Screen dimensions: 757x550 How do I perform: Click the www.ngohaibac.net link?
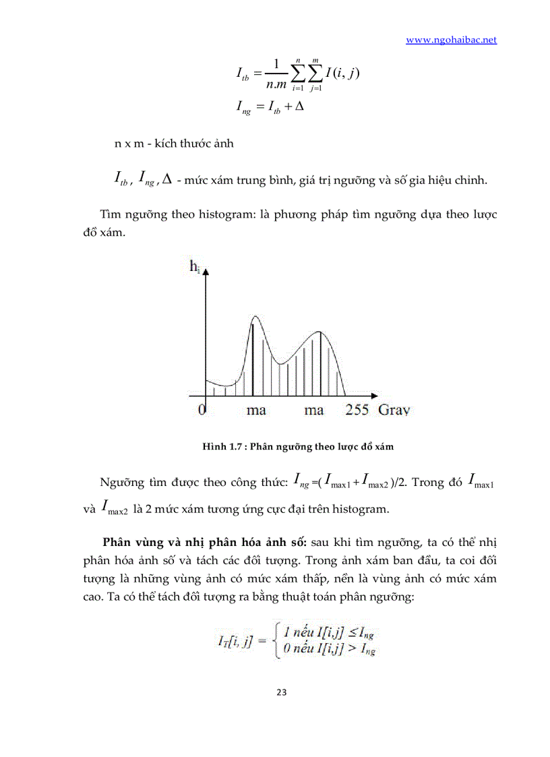[451, 40]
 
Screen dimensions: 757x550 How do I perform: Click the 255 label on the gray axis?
[357, 410]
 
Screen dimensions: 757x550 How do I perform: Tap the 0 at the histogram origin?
[201, 410]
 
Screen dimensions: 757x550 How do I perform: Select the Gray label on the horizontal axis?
[394, 410]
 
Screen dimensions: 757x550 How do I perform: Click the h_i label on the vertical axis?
[195, 268]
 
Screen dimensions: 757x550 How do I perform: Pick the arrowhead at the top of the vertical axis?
[206, 272]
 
